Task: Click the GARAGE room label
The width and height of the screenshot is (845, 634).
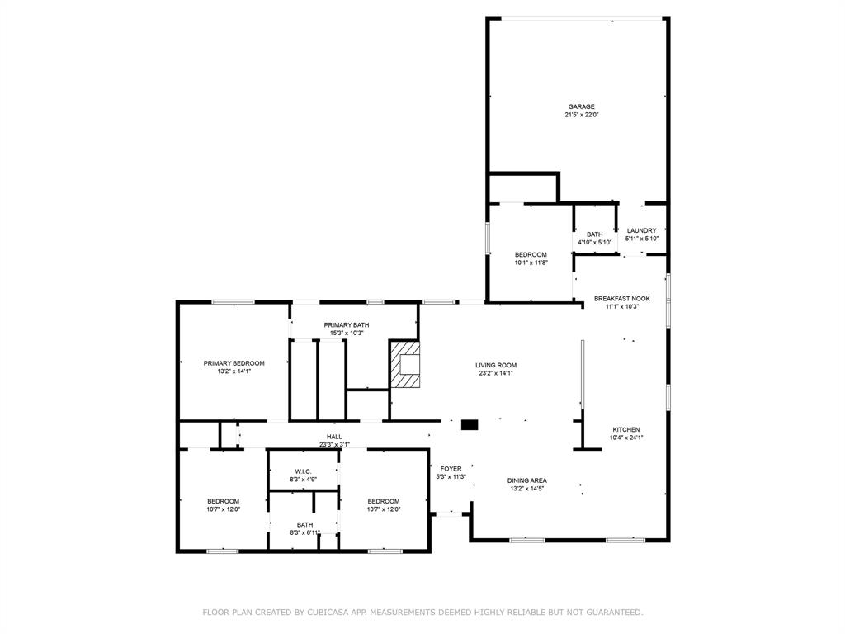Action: [x=582, y=106]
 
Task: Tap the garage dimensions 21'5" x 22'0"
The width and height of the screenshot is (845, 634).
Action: [x=582, y=115]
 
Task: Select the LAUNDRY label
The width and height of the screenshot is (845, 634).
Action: [x=642, y=230]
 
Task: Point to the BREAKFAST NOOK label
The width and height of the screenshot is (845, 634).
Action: [x=622, y=298]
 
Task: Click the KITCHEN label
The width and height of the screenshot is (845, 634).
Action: [x=626, y=429]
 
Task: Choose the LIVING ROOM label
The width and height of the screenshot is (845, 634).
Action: [x=496, y=365]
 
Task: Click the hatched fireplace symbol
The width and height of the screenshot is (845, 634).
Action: [x=404, y=364]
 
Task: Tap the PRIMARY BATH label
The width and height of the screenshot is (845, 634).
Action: [x=347, y=325]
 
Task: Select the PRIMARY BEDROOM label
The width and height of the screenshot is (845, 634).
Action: [x=234, y=363]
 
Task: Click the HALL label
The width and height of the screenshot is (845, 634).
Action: [x=334, y=437]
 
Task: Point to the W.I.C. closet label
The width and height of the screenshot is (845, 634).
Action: [x=304, y=471]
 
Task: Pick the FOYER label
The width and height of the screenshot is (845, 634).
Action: [x=451, y=469]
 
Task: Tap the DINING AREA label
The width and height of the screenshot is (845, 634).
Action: [x=527, y=480]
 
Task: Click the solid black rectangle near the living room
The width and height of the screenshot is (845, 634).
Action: [x=470, y=425]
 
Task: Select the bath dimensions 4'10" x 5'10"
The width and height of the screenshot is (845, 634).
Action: [x=595, y=243]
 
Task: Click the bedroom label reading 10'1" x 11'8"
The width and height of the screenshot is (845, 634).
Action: [x=531, y=263]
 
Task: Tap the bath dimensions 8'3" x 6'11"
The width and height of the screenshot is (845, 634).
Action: [x=304, y=532]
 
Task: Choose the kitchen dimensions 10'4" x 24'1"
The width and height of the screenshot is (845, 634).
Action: [x=626, y=438]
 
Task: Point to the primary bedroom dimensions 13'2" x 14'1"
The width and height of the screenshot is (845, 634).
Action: [x=234, y=371]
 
